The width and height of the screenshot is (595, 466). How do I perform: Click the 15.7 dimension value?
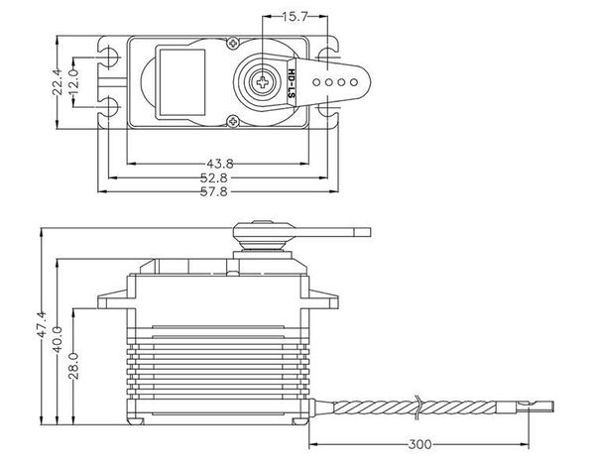point(294,18)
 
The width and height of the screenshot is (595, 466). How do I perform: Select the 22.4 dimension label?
point(60,78)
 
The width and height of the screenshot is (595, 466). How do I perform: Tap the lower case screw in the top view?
point(231,121)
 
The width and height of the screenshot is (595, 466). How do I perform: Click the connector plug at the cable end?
point(536,405)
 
